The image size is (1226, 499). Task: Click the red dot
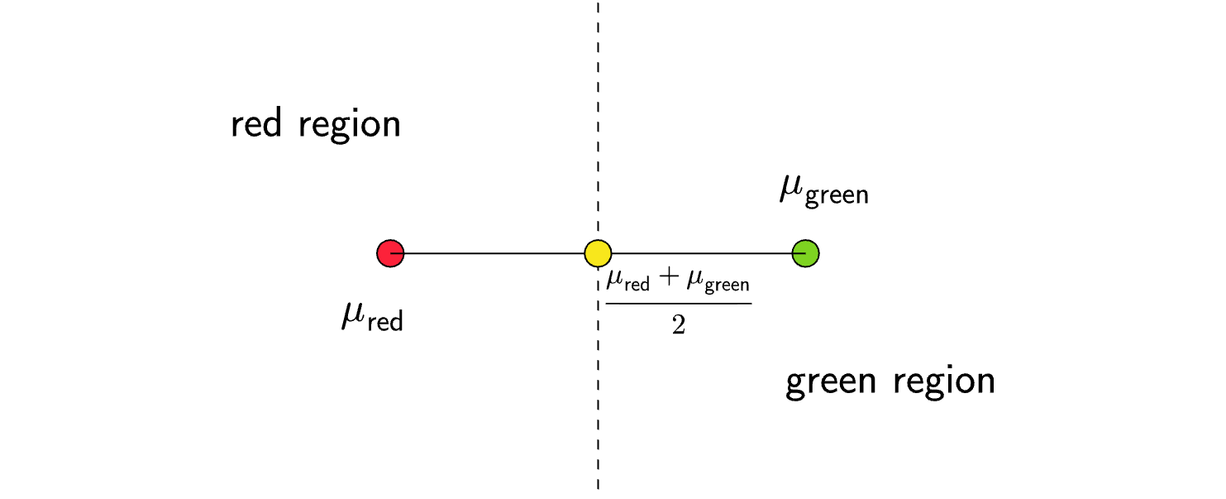(390, 253)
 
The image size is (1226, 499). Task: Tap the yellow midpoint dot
(598, 253)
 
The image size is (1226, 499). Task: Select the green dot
(805, 253)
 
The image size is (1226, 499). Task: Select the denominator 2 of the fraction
(679, 324)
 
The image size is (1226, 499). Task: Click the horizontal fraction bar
(679, 303)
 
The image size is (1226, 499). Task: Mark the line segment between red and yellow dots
(494, 253)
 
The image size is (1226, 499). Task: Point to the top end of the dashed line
(598, 3)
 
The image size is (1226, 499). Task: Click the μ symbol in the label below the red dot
(351, 316)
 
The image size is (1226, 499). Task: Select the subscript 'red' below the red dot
(384, 322)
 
